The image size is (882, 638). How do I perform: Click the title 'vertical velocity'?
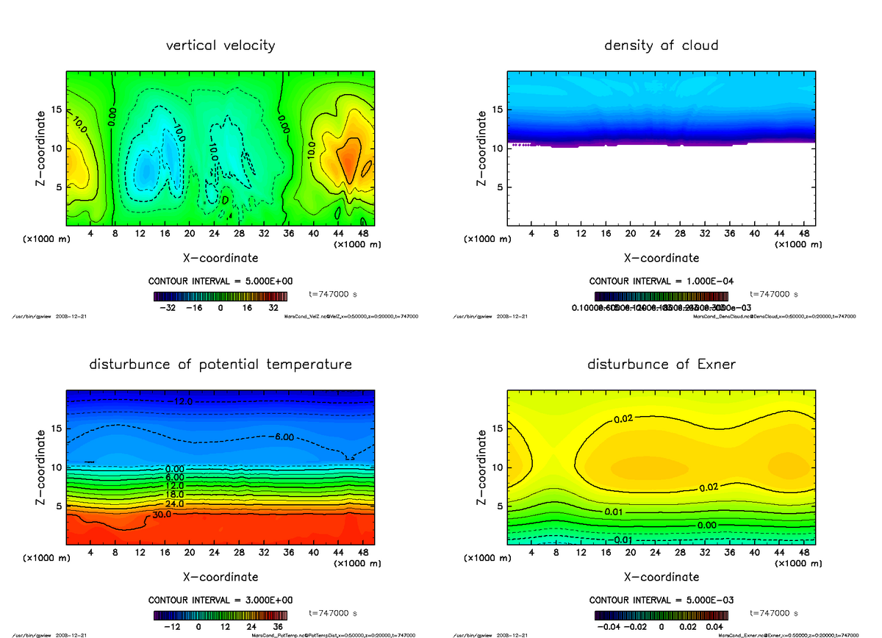[x=220, y=46]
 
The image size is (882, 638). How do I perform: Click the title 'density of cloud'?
[x=661, y=46]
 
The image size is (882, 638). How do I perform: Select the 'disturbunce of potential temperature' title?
[x=220, y=365]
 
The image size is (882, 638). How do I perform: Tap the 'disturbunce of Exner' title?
[x=661, y=365]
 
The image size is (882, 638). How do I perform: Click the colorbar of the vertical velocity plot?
[x=220, y=297]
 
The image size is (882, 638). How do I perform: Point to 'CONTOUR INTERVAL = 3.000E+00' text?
[x=220, y=600]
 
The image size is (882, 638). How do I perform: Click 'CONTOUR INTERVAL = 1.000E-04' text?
[x=661, y=282]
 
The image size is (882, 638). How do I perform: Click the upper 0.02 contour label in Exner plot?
[x=623, y=420]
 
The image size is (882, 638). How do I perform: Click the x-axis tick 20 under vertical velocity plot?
[x=190, y=234]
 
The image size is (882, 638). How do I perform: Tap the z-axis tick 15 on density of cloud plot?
[x=497, y=110]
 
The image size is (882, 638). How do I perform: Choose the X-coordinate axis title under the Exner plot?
[x=661, y=577]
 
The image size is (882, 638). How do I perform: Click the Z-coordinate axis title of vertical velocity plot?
[x=43, y=148]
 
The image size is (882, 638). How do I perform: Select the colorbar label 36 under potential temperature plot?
[x=279, y=627]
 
